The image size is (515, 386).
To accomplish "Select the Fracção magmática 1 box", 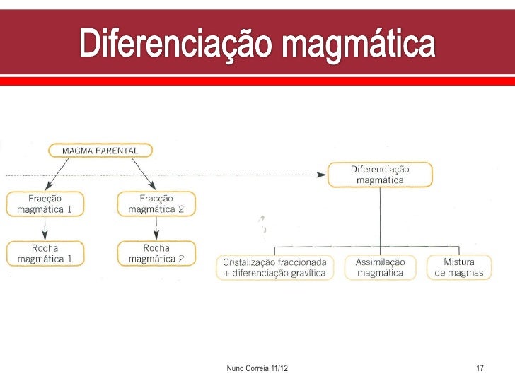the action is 45,204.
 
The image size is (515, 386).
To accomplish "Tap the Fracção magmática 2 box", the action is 156,204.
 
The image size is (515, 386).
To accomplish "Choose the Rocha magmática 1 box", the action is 45,253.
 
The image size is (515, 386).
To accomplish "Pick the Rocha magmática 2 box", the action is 156,253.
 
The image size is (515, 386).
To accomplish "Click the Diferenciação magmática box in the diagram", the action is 380,175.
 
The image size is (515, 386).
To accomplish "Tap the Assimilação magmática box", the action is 380,267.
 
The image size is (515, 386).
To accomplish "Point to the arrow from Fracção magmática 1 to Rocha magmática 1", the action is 45,228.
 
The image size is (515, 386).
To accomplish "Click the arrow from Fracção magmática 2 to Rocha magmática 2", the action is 156,228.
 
